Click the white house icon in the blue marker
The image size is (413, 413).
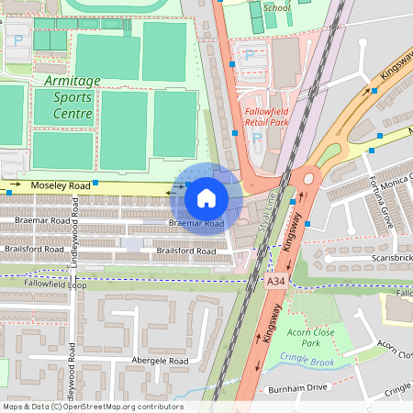(206, 197)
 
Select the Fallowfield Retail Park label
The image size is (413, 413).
(266, 116)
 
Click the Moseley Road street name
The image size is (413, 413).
(61, 186)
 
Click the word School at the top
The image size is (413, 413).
(276, 8)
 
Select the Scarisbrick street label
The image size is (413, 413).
(379, 259)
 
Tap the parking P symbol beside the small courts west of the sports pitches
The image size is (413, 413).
(17, 40)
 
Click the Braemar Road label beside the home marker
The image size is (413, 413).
(196, 224)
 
